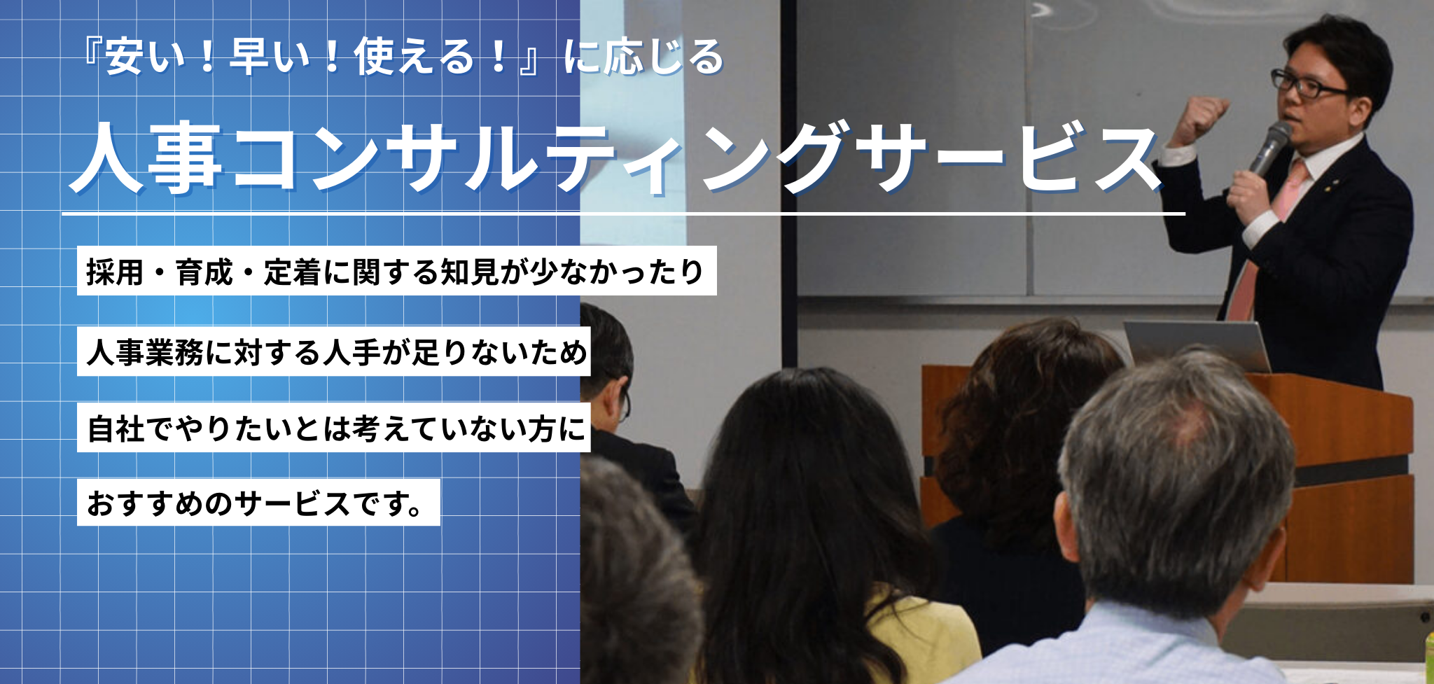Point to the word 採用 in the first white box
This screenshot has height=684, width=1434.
[x=115, y=272]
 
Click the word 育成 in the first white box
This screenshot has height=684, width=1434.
[x=204, y=272]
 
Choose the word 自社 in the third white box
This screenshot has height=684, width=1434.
[x=116, y=428]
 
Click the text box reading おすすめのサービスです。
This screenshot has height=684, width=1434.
[x=258, y=503]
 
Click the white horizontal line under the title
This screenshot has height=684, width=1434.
[x=623, y=213]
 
